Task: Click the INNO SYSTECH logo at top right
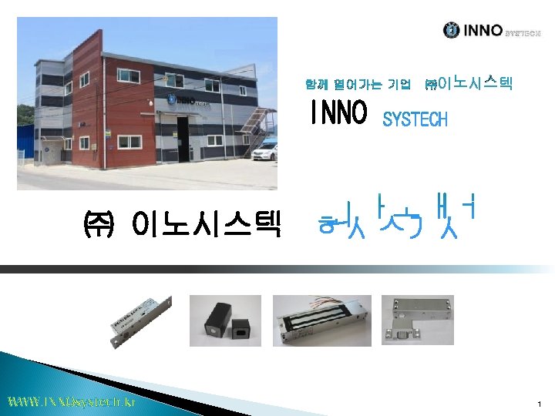491,31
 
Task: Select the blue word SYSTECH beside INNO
415,119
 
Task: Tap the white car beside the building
264,152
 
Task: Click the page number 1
540,404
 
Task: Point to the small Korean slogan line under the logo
409,82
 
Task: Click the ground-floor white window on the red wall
130,142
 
